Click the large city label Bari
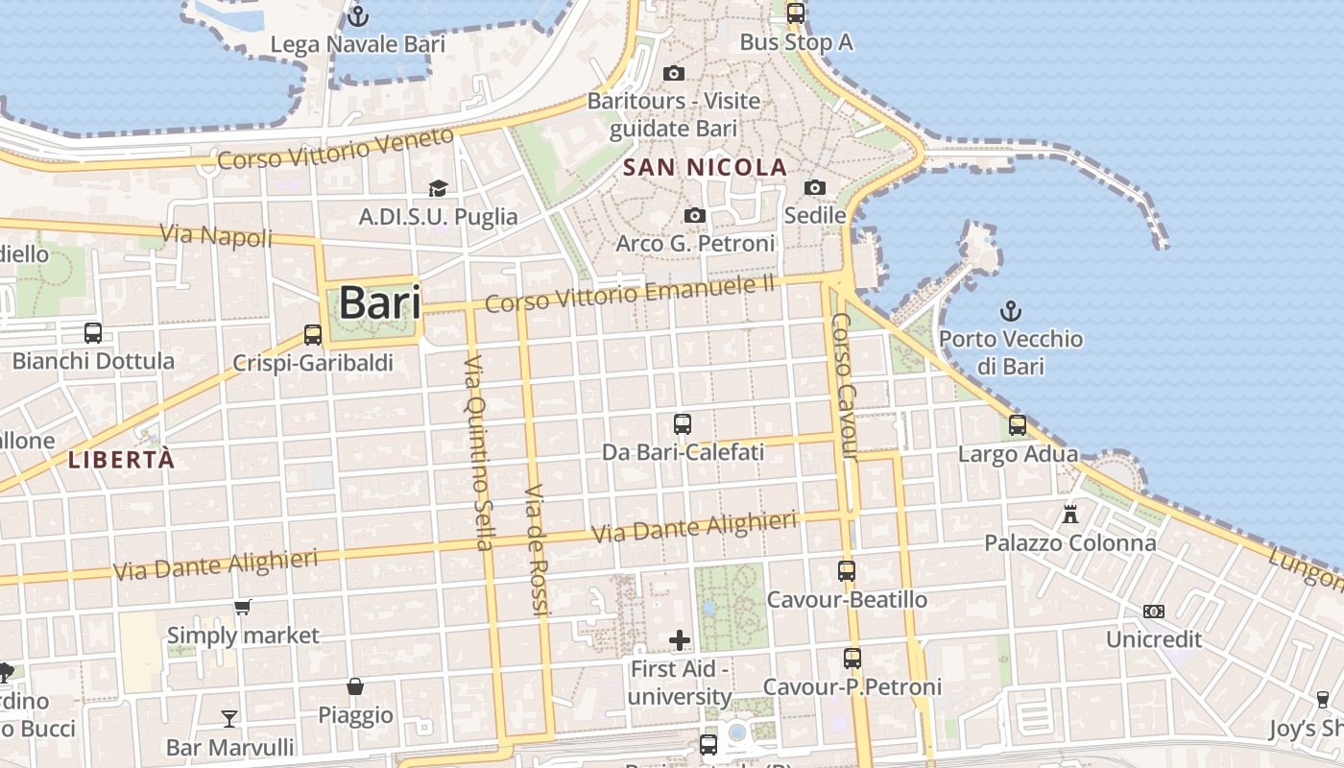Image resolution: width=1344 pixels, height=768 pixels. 380,302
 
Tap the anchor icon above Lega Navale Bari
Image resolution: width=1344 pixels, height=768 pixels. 358,16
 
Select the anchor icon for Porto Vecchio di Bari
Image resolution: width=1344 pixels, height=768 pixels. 1010,310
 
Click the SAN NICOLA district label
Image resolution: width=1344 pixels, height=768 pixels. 705,168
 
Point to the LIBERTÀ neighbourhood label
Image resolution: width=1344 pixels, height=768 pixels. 122,460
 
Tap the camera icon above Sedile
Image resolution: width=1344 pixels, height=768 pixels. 815,187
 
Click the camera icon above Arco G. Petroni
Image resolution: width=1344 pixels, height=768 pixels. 695,215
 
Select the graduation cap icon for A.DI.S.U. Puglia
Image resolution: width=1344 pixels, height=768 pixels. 438,188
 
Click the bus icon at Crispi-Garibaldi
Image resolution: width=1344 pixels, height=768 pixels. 313,334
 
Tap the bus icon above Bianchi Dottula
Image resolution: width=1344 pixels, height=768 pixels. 93,333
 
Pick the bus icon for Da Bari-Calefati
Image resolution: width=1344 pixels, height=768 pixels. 683,423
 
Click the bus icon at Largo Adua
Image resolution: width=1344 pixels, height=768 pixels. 1018,424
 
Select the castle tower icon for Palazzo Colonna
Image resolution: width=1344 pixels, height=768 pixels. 1070,514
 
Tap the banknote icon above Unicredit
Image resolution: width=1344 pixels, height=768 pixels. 1154,612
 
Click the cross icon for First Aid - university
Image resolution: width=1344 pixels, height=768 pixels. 680,639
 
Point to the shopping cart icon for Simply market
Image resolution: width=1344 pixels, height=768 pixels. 243,607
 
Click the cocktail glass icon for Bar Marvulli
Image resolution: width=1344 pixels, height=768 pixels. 229,718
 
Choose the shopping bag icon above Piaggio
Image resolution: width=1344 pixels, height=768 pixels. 355,686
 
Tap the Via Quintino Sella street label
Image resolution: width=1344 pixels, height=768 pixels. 477,451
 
